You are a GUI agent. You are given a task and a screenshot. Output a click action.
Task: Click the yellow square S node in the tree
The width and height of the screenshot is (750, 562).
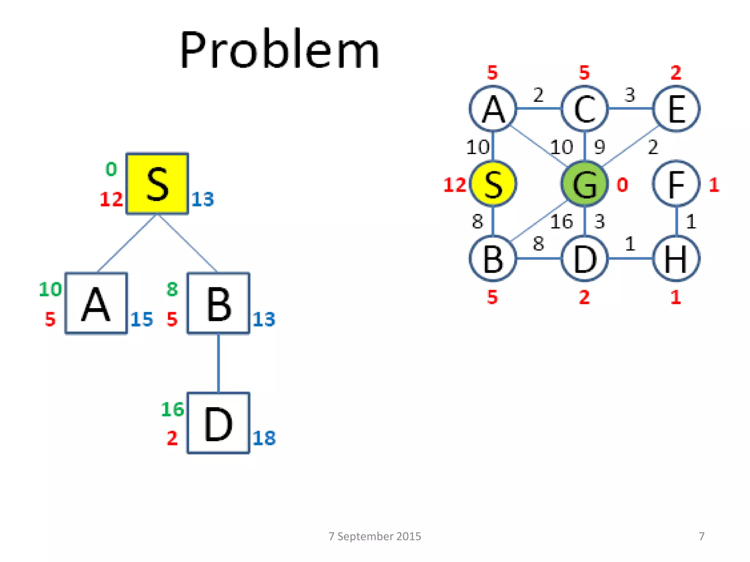point(157,183)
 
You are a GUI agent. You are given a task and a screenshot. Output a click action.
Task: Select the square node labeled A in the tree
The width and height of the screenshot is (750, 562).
point(96,303)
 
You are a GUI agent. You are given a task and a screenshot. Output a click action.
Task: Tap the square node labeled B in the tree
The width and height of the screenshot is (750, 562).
point(218,303)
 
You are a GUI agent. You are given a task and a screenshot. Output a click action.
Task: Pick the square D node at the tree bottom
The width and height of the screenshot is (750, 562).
point(218,423)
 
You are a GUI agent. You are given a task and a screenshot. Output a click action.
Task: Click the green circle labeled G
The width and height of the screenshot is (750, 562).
point(584,184)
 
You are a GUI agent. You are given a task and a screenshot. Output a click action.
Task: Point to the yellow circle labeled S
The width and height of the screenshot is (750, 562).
point(493,184)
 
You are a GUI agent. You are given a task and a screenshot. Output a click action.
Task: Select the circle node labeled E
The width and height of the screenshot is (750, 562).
point(676,109)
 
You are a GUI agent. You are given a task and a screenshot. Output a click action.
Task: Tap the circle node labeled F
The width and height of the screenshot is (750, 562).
point(676,184)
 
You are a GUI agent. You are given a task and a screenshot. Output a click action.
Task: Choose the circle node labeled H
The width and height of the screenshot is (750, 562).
point(676,259)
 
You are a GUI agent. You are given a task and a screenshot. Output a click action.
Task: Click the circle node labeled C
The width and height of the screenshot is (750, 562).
point(584,109)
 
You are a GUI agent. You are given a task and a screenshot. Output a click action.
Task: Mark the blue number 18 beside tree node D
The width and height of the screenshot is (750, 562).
point(264,438)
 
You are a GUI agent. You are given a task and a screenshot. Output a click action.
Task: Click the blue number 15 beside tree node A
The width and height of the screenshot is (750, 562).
point(142,319)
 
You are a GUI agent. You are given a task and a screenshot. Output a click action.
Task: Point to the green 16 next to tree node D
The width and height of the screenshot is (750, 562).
point(172,409)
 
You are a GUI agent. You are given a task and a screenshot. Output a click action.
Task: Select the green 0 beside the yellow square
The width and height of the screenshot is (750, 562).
point(111,169)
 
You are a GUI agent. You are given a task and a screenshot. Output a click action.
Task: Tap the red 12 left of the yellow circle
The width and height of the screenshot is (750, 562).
point(454,185)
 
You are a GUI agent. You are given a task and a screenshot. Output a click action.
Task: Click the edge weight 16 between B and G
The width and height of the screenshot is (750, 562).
point(561,222)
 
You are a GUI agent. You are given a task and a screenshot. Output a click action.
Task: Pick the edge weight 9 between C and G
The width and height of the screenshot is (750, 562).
point(599,147)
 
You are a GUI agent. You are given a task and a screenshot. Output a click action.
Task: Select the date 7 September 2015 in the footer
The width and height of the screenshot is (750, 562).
point(375,536)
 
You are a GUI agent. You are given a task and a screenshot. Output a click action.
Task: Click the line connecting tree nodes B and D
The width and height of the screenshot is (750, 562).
point(219,363)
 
